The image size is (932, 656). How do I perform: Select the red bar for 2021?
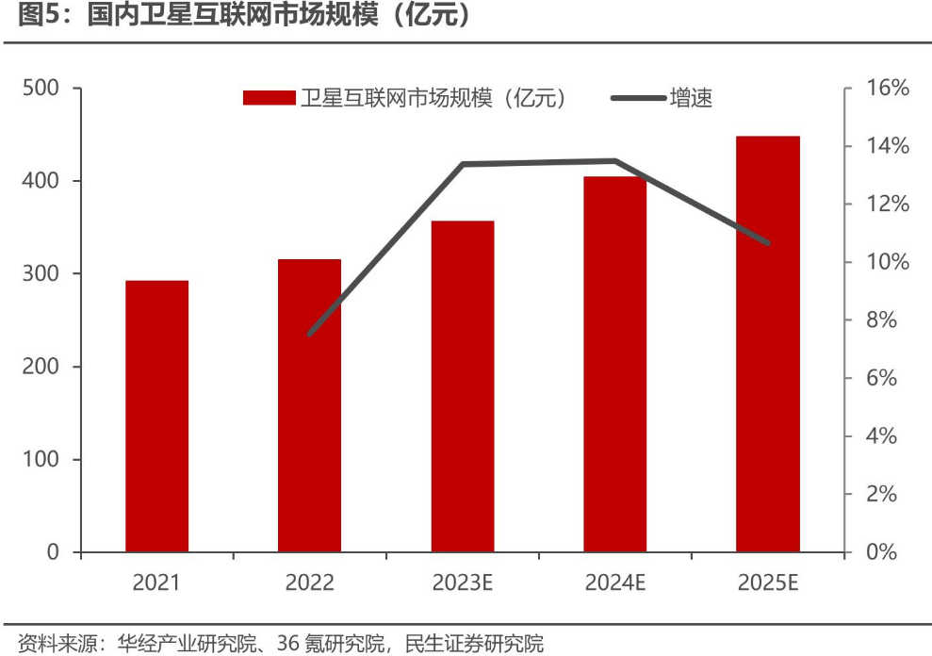pyautogui.click(x=156, y=416)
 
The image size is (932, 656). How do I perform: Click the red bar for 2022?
pyautogui.click(x=309, y=405)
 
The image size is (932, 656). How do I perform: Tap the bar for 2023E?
pyautogui.click(x=463, y=386)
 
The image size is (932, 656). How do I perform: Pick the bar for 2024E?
pyautogui.click(x=615, y=364)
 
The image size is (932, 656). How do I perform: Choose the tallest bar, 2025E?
pyautogui.click(x=768, y=344)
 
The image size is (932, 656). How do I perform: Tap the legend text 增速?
pyautogui.click(x=691, y=98)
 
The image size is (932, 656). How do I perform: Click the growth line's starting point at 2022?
pyautogui.click(x=309, y=334)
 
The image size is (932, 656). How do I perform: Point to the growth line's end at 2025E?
pyautogui.click(x=768, y=243)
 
